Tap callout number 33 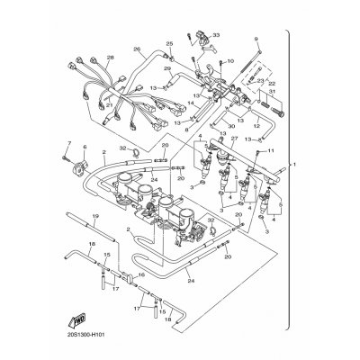click(214, 35)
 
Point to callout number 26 click(137, 49)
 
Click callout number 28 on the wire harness click(109, 58)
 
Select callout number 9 click(256, 39)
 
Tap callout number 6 click(85, 148)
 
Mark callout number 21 click(108, 105)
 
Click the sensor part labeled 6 click(85, 166)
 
